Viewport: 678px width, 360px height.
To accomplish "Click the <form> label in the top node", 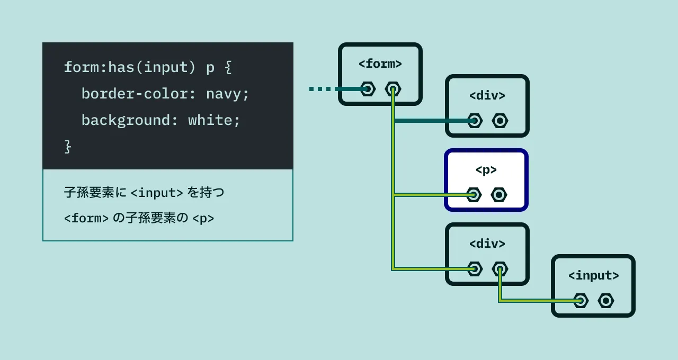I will coord(380,64).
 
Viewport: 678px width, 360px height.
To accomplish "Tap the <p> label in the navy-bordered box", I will coord(486,170).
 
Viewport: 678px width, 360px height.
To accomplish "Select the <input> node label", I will coord(593,276).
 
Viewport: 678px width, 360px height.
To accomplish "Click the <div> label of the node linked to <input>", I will coord(487,244).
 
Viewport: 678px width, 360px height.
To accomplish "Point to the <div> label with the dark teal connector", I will coord(487,96).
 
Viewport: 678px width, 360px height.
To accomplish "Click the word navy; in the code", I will coord(227,94).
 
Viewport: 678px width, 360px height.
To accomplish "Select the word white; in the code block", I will coord(214,121).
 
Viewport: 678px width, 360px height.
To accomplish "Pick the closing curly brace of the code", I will coord(67,147).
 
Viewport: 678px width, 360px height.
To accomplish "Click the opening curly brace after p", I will coord(228,68).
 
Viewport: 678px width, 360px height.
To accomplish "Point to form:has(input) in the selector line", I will coord(126,68).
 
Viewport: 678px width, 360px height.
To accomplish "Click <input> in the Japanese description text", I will coord(157,193).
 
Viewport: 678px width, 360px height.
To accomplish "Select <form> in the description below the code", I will coord(86,218).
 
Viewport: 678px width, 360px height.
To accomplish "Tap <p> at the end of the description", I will coord(203,218).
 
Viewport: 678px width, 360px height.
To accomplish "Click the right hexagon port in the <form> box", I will coord(393,89).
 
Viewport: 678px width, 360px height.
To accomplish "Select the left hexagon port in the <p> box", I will coord(474,195).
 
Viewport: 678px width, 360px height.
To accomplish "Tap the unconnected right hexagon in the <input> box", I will coord(606,301).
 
